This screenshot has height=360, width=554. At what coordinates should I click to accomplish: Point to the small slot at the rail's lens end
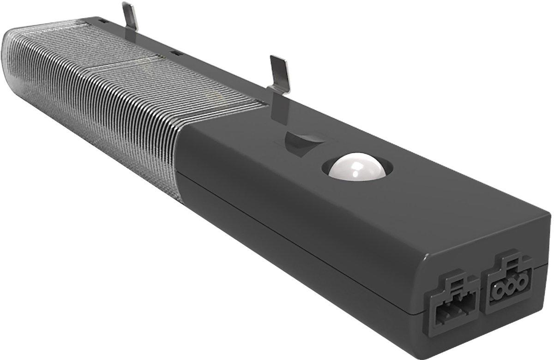[102, 21]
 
